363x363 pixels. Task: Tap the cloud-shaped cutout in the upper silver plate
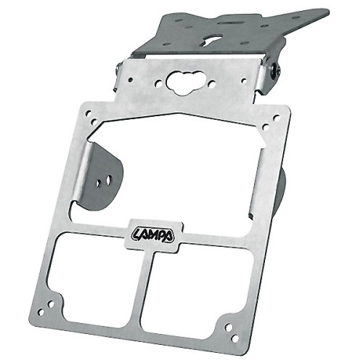coord(185,83)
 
